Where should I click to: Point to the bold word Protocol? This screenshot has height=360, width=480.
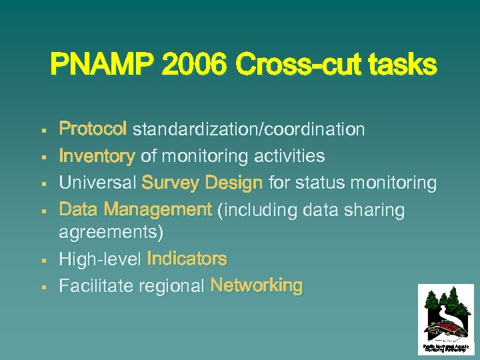93,129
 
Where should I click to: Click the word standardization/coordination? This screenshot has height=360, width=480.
248,129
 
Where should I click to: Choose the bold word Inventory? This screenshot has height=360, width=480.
97,156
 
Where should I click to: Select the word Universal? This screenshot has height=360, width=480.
97,183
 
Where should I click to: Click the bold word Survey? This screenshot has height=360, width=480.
170,183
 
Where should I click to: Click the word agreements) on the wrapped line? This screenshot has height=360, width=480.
111,233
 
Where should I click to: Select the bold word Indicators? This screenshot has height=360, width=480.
187,259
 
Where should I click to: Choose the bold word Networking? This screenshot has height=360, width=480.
257,285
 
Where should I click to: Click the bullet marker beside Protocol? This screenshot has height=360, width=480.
43,129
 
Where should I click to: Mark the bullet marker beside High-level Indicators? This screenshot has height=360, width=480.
43,259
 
